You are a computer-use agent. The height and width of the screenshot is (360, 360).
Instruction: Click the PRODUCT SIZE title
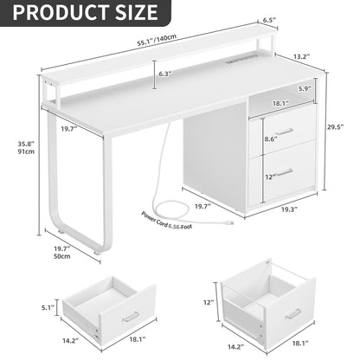point(80,13)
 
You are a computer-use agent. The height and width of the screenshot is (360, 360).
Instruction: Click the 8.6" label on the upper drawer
point(269,138)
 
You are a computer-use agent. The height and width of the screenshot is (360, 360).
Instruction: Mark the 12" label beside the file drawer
point(209,303)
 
